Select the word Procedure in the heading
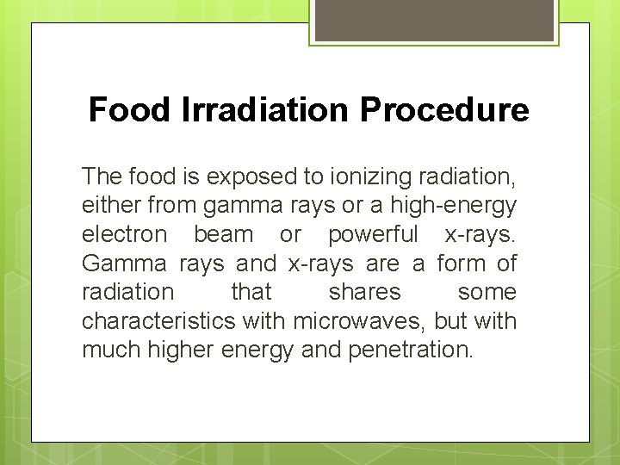tap(444, 110)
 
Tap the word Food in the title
tap(131, 110)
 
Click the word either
tap(112, 206)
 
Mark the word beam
tap(224, 234)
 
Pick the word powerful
tap(373, 234)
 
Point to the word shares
tap(365, 293)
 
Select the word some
tap(487, 293)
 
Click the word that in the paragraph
tap(251, 293)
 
